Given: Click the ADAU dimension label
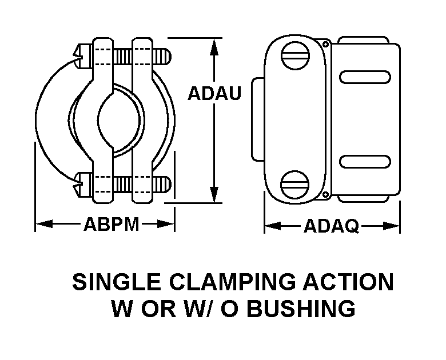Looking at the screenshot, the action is pos(214,93).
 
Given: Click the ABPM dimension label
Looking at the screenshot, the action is pos(111,224).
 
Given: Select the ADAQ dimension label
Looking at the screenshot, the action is pos(332,226).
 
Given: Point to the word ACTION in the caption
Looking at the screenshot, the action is pos(348,282).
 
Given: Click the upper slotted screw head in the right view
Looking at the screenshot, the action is pos(295,55).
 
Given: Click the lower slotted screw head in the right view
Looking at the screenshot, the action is pos(294,185).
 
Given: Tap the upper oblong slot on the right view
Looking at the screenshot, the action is pos(365,77).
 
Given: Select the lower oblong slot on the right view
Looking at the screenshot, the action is pos(365,162).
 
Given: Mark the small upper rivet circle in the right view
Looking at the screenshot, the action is pos(326,44).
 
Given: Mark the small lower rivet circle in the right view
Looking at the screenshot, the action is pos(325,195).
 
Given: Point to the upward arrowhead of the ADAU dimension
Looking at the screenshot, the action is pos(214,47).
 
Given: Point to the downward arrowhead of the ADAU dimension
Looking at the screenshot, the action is pos(214,194).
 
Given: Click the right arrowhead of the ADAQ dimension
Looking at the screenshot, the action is pos(391,226).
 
